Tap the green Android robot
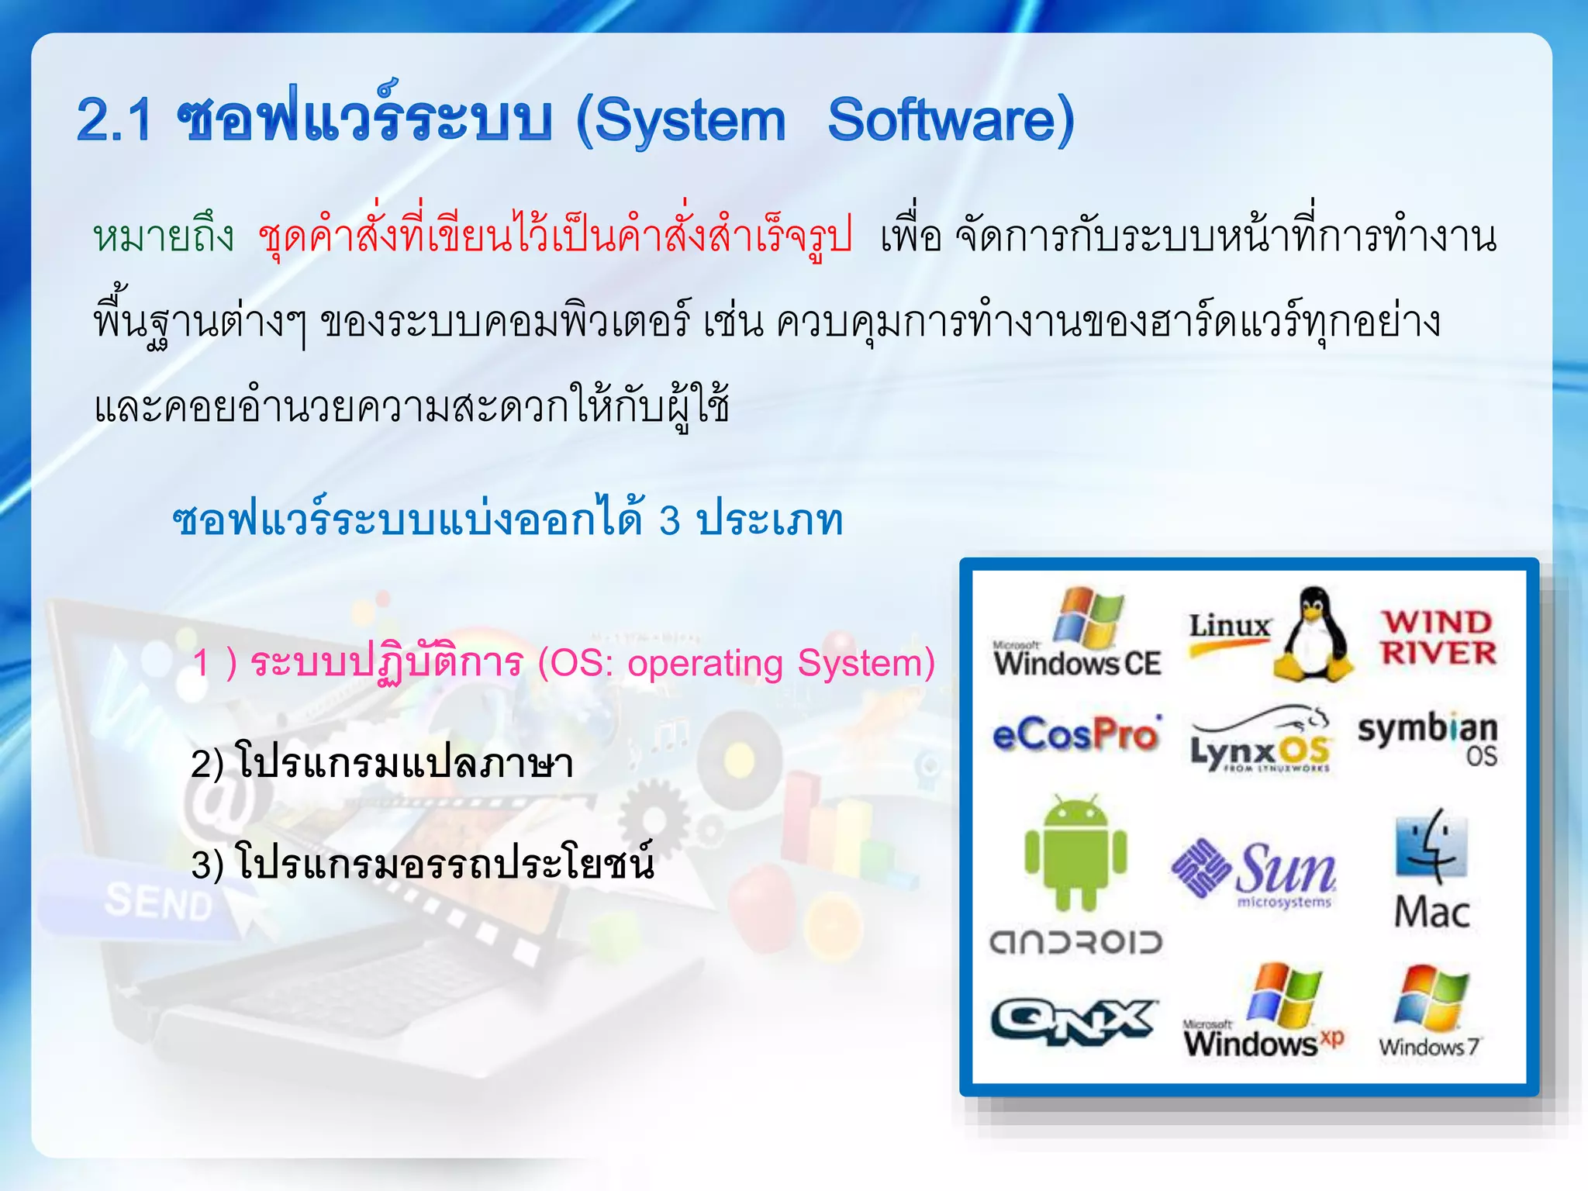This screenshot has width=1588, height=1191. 1075,853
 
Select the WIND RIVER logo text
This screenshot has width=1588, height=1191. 1438,637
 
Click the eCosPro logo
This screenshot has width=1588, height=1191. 1076,735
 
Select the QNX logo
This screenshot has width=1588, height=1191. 1073,1020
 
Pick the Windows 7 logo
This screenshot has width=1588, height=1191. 1430,1012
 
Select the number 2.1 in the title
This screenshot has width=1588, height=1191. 114,121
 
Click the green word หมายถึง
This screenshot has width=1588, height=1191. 164,236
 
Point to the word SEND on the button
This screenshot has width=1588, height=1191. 158,902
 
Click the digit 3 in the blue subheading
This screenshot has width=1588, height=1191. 670,520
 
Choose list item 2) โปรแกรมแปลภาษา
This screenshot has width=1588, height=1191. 382,764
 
